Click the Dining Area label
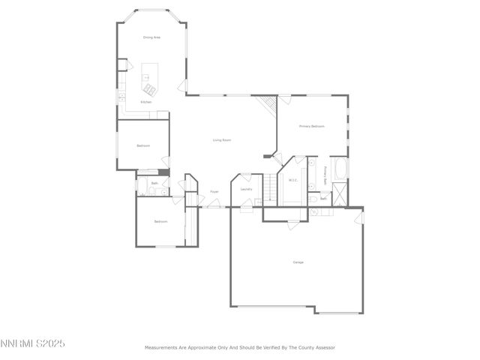point(152,37)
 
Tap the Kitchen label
point(145,102)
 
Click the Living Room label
point(221,140)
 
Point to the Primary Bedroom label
point(311,126)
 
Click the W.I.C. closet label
point(293,180)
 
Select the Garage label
point(298,262)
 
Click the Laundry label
point(246,189)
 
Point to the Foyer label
point(214,192)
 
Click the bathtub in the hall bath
point(142,186)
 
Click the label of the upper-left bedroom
point(143,145)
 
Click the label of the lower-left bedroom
point(161,222)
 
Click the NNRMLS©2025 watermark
point(33,343)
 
